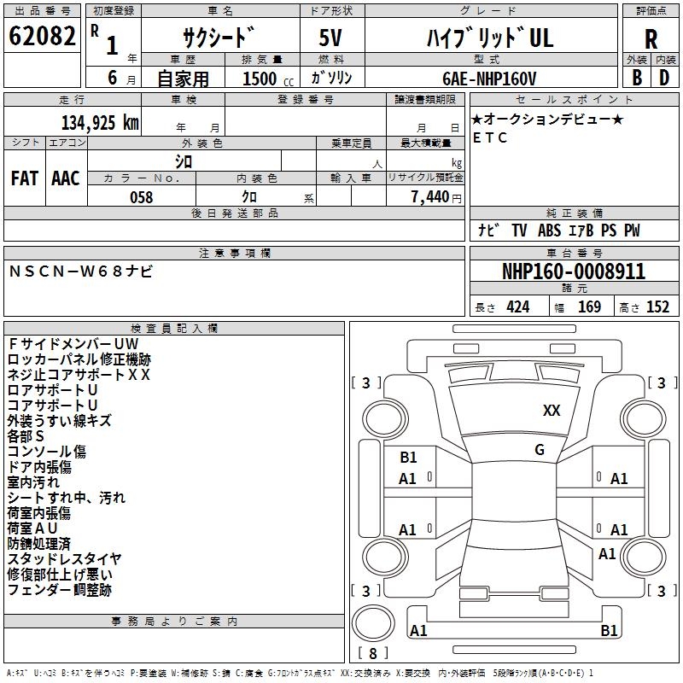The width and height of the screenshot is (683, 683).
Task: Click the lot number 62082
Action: click(x=42, y=36)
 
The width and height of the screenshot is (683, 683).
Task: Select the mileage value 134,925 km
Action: click(x=100, y=123)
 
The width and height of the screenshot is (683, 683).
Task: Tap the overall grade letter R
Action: click(x=651, y=38)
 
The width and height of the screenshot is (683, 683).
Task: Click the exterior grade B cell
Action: click(x=637, y=78)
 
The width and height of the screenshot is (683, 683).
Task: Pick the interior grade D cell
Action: click(x=664, y=78)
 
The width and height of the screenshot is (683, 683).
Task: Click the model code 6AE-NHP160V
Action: click(x=489, y=79)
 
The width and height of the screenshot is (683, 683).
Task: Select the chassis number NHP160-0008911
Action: click(x=574, y=271)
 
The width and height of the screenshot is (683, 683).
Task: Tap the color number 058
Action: click(x=142, y=197)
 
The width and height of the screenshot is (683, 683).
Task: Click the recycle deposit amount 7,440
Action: click(x=430, y=197)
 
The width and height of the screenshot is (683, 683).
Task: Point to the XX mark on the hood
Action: click(x=552, y=411)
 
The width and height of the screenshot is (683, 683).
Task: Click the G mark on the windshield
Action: click(x=540, y=450)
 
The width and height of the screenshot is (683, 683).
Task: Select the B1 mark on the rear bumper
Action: click(x=609, y=630)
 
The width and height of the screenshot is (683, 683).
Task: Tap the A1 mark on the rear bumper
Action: click(x=418, y=630)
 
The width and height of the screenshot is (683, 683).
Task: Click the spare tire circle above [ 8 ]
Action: click(x=373, y=623)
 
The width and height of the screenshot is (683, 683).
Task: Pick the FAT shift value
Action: click(x=25, y=178)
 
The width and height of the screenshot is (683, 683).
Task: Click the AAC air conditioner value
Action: click(x=66, y=178)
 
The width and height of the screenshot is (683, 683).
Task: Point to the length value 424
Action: click(x=518, y=307)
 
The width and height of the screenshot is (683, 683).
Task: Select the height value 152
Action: click(x=657, y=307)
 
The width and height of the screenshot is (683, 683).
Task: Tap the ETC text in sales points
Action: click(x=490, y=137)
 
